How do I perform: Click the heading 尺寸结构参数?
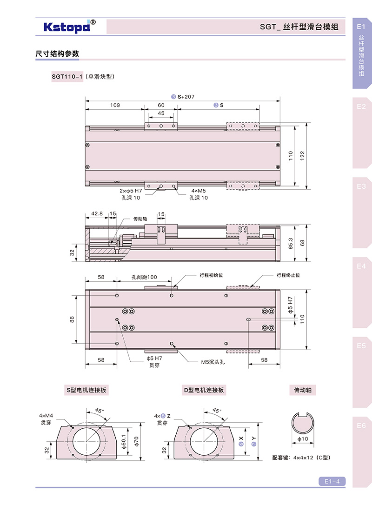click(57, 54)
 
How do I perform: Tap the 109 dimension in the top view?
click(115, 105)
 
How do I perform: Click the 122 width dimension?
click(302, 156)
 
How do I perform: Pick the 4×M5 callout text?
click(199, 191)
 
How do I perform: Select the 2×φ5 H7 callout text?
click(131, 191)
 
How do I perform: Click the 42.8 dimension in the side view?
click(97, 214)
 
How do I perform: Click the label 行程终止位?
click(288, 275)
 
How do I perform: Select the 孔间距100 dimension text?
click(144, 278)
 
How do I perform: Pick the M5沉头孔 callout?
click(213, 362)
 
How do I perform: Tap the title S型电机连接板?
click(86, 390)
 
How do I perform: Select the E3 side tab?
click(362, 186)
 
